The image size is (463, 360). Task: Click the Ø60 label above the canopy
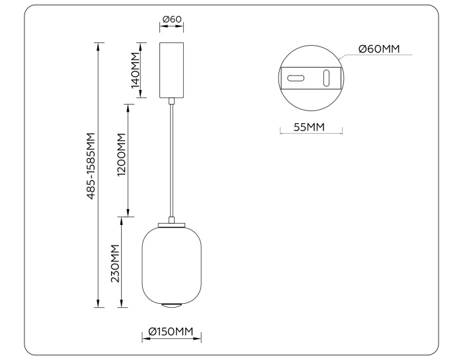172,19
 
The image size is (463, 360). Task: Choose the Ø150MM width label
171,331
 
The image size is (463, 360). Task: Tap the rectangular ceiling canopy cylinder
172,70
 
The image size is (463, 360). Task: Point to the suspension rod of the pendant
172,159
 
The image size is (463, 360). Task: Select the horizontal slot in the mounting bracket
296,79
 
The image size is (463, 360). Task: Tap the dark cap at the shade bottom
171,305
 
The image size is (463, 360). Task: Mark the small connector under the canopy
172,101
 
